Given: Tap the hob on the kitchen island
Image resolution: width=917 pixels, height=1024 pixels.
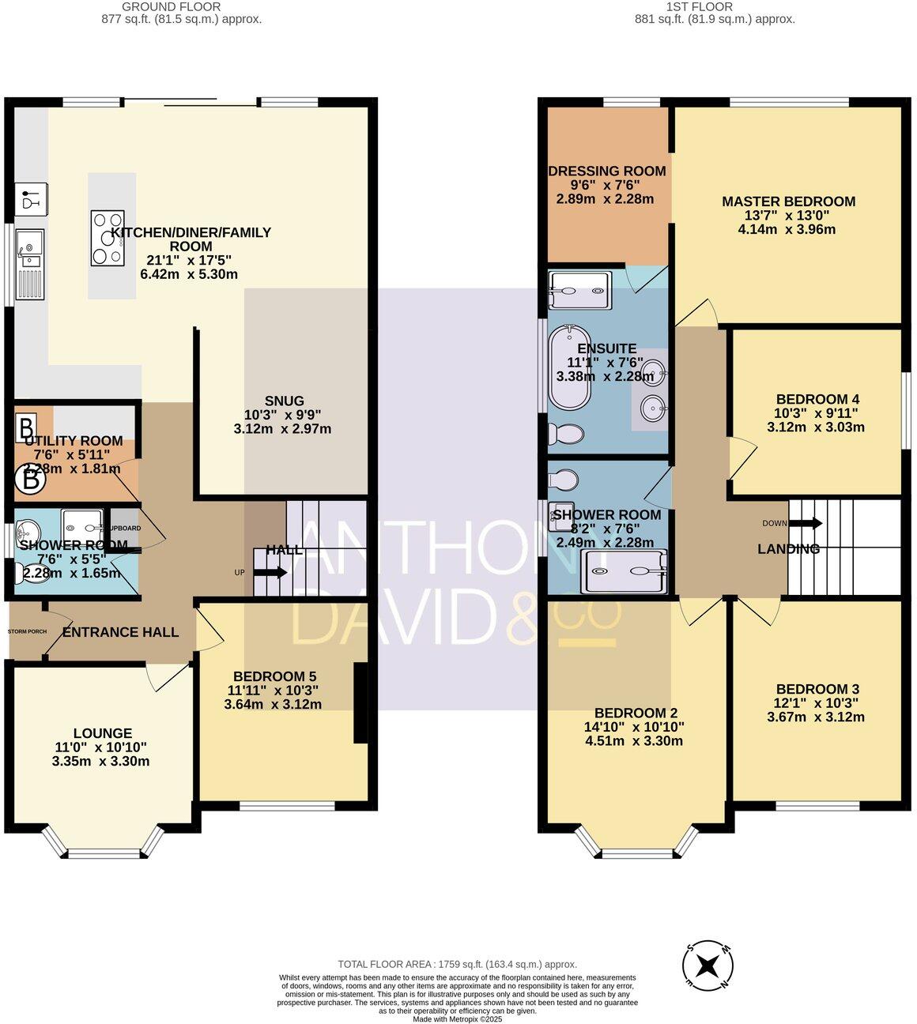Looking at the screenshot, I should (x=108, y=237).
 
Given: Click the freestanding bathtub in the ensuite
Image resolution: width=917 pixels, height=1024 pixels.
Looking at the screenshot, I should (x=570, y=367).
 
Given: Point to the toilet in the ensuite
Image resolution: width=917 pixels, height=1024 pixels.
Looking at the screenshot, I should (x=565, y=434).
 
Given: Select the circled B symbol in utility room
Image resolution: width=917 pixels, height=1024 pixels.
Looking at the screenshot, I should (x=31, y=479).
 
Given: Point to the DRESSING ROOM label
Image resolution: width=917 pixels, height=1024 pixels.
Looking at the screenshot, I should (x=607, y=171).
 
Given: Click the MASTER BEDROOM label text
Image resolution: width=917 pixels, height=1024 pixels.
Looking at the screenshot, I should (x=788, y=201).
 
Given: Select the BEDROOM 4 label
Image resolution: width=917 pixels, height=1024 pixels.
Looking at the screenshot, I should (x=817, y=399).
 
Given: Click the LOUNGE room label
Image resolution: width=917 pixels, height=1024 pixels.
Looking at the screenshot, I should (x=103, y=733).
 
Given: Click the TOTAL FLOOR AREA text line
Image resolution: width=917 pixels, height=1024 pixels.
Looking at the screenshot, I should (x=457, y=964).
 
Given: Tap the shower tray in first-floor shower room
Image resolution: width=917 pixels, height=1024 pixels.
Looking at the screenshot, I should (x=624, y=571).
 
